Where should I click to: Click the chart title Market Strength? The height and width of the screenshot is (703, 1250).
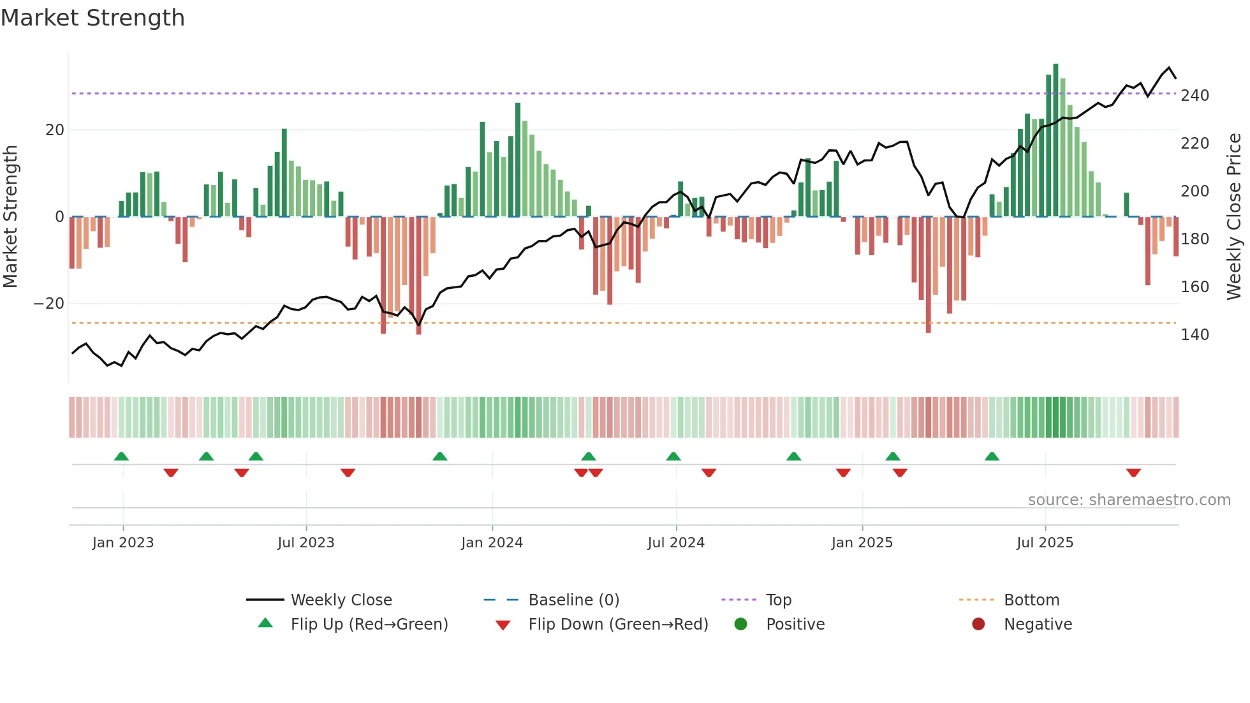click(93, 18)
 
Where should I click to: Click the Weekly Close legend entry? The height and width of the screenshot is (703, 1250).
click(341, 600)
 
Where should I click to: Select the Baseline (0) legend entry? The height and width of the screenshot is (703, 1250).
click(573, 600)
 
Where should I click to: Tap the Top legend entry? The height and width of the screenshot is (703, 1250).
click(778, 600)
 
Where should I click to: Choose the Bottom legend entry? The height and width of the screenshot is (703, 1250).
click(1031, 600)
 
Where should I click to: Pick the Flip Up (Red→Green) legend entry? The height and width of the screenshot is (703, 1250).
click(369, 624)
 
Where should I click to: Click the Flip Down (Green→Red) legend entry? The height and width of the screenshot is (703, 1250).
click(617, 624)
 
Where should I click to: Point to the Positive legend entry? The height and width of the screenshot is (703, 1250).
click(795, 624)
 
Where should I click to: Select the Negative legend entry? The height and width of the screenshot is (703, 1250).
click(1038, 624)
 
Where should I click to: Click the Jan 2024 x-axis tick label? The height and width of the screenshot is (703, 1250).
click(492, 542)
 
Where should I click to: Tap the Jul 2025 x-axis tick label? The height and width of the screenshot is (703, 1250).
click(1045, 542)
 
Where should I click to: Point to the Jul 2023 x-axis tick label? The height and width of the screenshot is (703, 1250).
click(305, 542)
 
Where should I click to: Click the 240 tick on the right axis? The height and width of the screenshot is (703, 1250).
click(1195, 96)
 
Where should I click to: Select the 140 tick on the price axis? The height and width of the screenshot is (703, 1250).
click(1195, 335)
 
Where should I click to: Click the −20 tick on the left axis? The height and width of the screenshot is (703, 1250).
click(48, 304)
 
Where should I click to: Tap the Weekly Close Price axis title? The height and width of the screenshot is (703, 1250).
click(1234, 217)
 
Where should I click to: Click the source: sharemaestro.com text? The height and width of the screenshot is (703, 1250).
click(1129, 500)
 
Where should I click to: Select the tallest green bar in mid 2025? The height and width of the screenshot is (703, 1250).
click(1055, 140)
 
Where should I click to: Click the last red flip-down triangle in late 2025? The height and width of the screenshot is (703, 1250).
click(1133, 473)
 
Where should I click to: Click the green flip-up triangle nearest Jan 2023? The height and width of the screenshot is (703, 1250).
click(121, 456)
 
